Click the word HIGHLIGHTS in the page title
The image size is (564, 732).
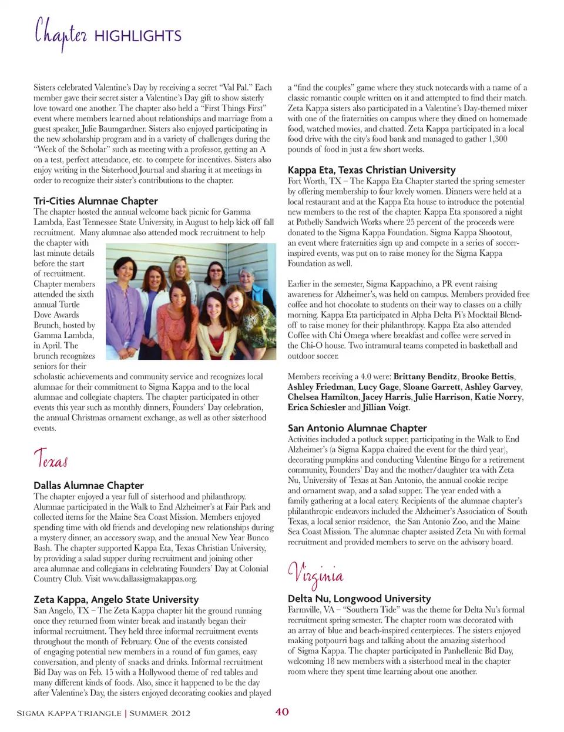click(137, 36)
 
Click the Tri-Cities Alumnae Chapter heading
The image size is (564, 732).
click(96, 200)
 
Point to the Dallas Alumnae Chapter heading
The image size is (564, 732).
click(89, 485)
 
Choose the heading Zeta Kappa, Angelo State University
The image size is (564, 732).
click(116, 599)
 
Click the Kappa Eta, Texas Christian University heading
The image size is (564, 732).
click(371, 170)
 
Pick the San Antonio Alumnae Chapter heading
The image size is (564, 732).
click(357, 428)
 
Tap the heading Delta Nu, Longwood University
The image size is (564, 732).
click(359, 598)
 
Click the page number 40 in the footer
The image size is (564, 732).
click(282, 712)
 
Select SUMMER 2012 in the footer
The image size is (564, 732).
click(160, 713)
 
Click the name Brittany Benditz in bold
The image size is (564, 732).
click(425, 376)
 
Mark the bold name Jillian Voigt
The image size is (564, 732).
click(386, 407)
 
